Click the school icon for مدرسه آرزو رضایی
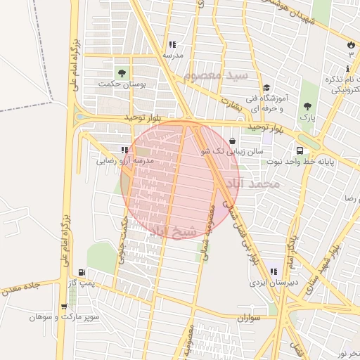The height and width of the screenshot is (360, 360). (x=124, y=150)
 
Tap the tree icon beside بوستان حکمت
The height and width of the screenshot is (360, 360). (x=122, y=73)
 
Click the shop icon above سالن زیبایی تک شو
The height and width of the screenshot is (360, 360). (x=233, y=141)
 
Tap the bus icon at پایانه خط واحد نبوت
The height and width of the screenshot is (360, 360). (x=300, y=150)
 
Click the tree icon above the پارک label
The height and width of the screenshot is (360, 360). (x=307, y=107)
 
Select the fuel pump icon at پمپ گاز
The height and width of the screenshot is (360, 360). (x=82, y=272)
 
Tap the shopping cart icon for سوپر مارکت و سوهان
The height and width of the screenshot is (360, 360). (x=65, y=307)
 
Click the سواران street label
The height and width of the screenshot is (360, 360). (x=249, y=318)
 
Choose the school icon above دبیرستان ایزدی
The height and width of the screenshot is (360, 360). (x=273, y=271)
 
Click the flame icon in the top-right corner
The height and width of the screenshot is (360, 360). (x=350, y=45)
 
